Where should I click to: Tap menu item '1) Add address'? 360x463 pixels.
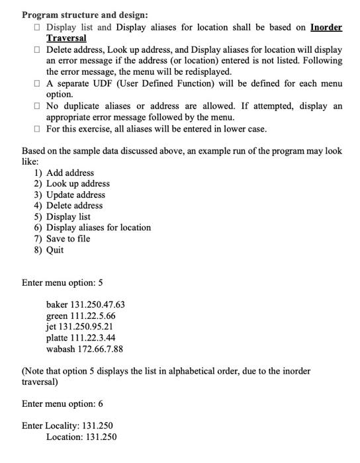tap(64, 173)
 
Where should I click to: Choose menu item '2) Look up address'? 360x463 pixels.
tap(71, 183)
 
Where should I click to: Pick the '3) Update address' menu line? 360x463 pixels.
tap(69, 194)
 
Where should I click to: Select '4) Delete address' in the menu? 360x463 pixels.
tap(68, 205)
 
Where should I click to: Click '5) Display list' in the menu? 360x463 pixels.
tap(62, 216)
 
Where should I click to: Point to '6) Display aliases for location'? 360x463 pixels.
tap(92, 227)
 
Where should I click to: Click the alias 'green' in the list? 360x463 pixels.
tap(58, 316)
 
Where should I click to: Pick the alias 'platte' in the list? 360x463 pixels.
tap(58, 338)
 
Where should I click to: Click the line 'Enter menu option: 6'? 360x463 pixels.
tap(62, 403)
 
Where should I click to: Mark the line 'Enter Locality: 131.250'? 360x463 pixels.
tap(67, 425)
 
